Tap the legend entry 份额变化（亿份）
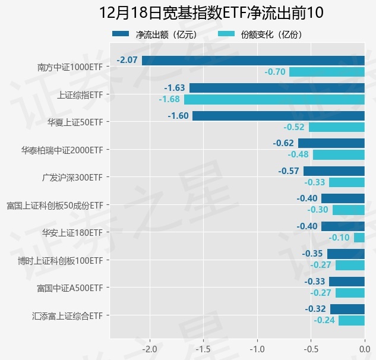pyautogui.click(x=261, y=34)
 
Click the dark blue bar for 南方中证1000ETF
pyautogui.click(x=253, y=60)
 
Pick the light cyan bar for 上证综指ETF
pyautogui.click(x=274, y=99)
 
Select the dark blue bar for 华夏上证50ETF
pyautogui.click(x=279, y=116)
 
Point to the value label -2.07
pyautogui.click(x=128, y=60)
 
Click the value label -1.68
pyautogui.click(x=169, y=99)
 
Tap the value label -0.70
pyautogui.click(x=275, y=72)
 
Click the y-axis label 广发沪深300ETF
pyautogui.click(x=72, y=177)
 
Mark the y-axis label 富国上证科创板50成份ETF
pyautogui.click(x=55, y=205)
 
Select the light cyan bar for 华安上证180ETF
pyautogui.click(x=359, y=238)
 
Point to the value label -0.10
pyautogui.click(x=339, y=238)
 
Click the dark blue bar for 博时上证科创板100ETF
pyautogui.click(x=346, y=254)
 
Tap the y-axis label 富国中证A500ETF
pyautogui.click(x=70, y=288)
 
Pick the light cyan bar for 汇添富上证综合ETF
pyautogui.click(x=352, y=320)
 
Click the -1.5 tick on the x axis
pyautogui.click(x=203, y=349)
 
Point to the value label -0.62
pyautogui.click(x=283, y=143)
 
